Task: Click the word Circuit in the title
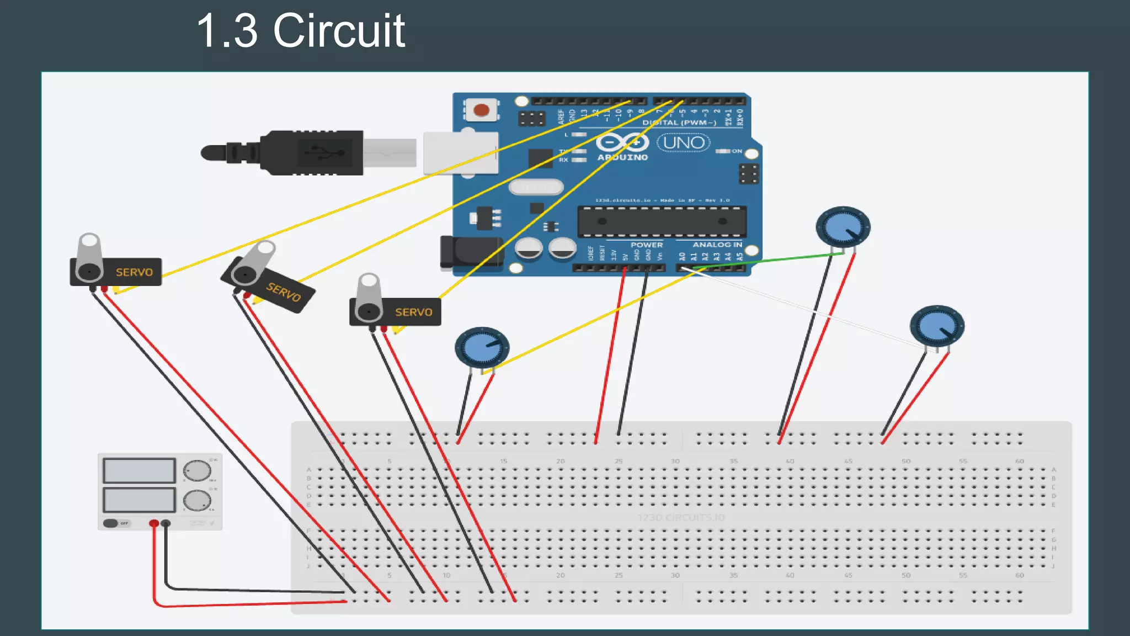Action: (x=339, y=31)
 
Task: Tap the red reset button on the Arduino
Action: (x=481, y=110)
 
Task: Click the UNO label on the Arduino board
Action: (x=684, y=143)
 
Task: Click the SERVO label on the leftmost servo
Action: (x=134, y=272)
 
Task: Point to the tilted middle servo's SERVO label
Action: (x=284, y=291)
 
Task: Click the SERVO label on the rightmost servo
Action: (x=413, y=312)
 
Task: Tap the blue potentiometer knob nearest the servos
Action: (x=482, y=348)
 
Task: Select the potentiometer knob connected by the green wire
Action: (x=843, y=226)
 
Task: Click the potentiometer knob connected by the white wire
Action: (x=937, y=326)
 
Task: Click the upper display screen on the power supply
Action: (x=139, y=471)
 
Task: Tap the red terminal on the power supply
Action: (x=154, y=523)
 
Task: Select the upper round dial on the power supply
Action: (x=196, y=471)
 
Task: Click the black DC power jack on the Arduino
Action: (x=469, y=253)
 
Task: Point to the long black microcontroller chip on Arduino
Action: (x=662, y=221)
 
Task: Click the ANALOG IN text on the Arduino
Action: (x=717, y=245)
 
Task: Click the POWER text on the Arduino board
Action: (x=647, y=245)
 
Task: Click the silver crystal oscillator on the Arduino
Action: (x=536, y=187)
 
